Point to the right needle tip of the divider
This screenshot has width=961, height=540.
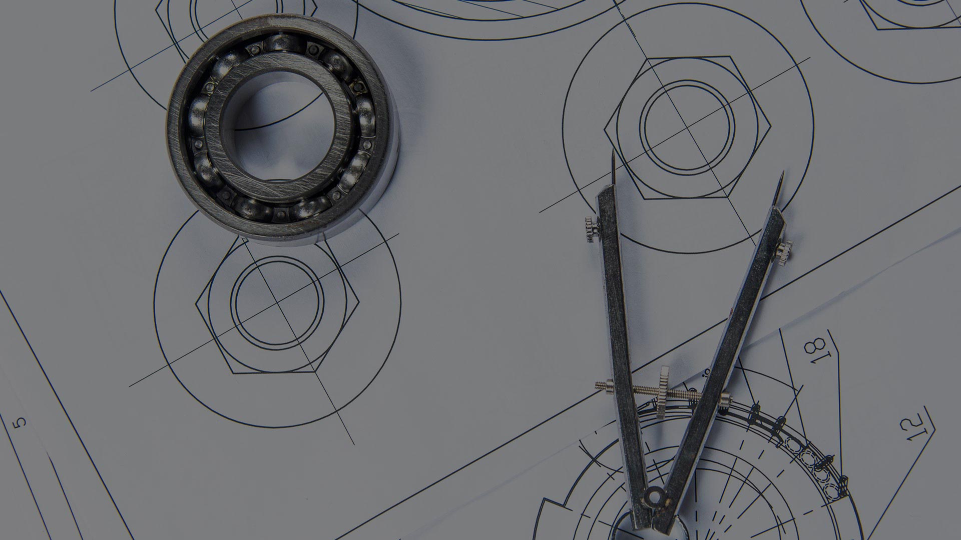(782, 172)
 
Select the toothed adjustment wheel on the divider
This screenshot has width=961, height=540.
(663, 393)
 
